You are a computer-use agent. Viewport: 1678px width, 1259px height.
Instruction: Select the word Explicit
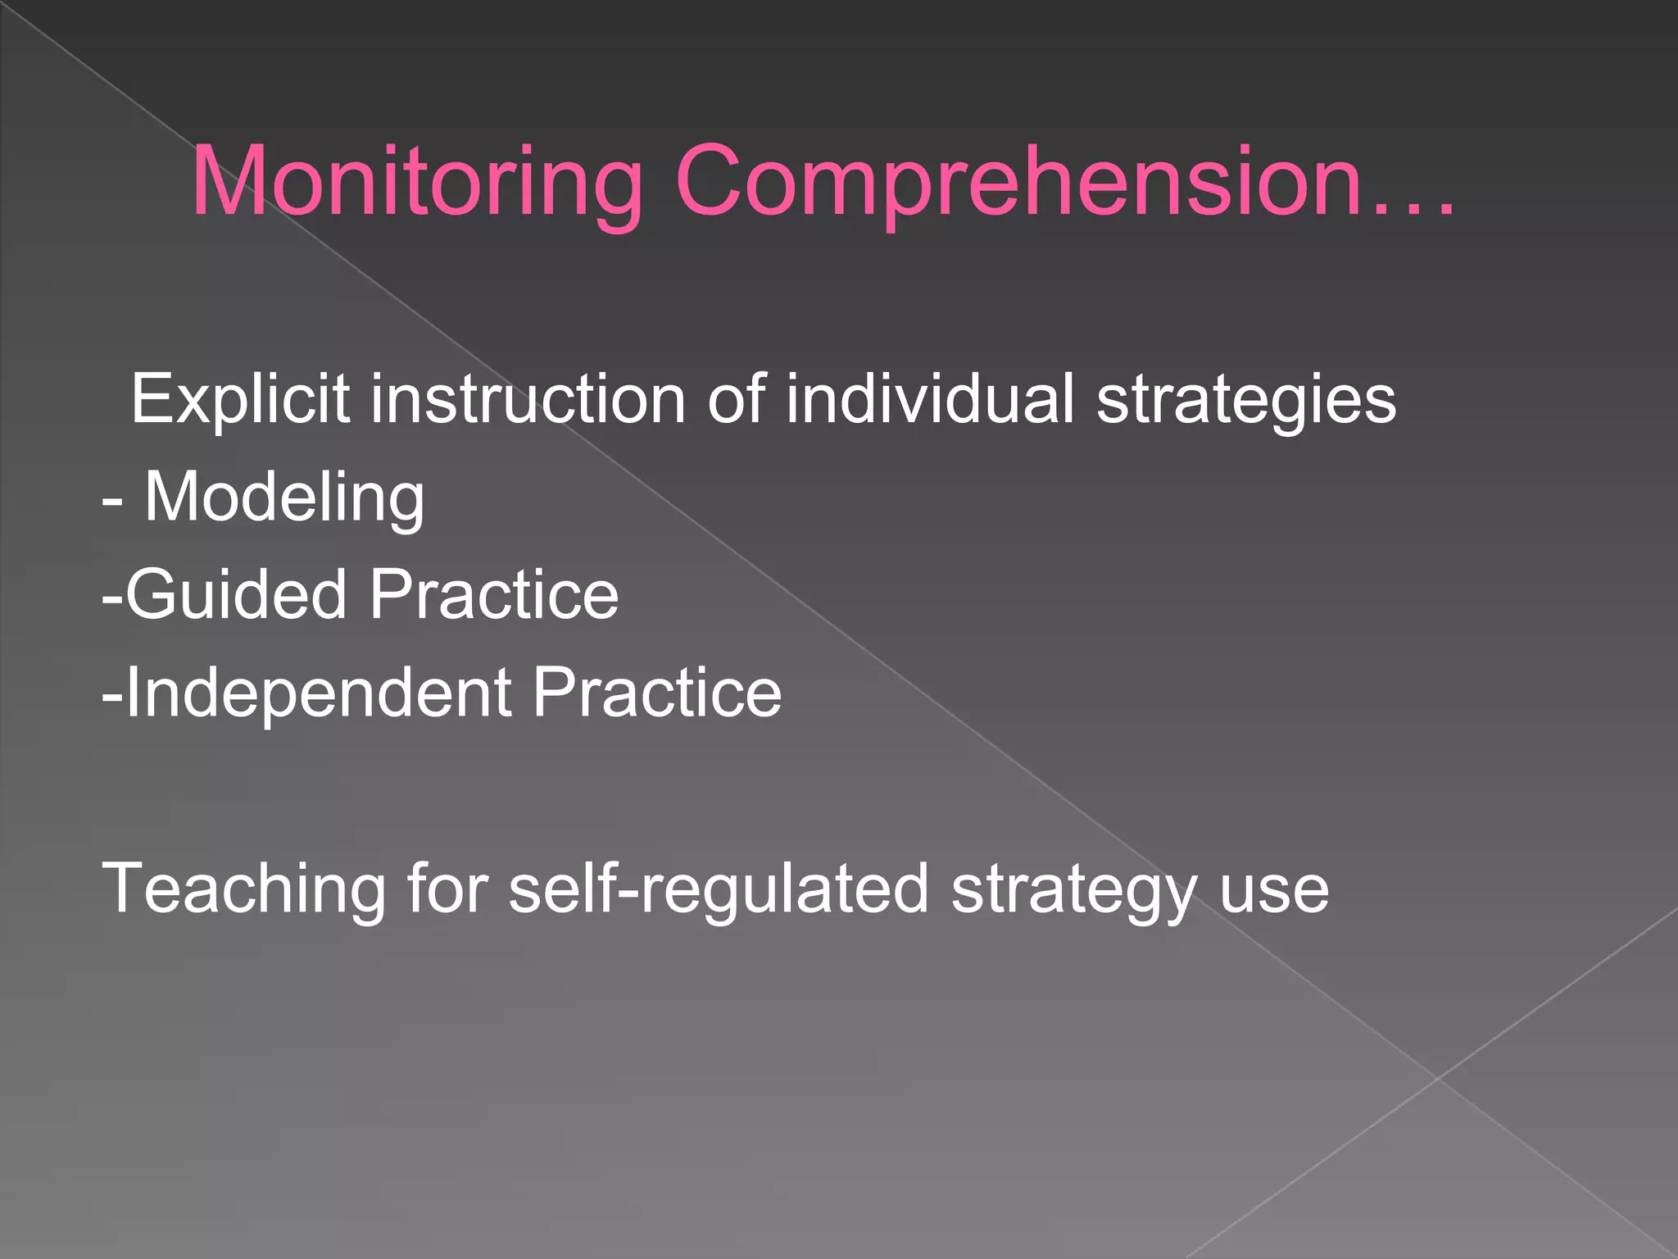click(x=240, y=399)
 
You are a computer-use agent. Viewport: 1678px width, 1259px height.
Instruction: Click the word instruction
click(x=528, y=399)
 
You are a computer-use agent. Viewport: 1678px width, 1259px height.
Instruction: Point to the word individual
click(x=929, y=399)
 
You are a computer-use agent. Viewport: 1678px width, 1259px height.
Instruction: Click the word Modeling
click(x=284, y=498)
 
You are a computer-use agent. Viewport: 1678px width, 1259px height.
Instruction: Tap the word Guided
click(x=236, y=594)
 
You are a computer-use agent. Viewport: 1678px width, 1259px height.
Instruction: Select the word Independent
click(x=318, y=693)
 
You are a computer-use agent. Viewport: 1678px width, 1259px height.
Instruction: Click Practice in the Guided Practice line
click(x=494, y=594)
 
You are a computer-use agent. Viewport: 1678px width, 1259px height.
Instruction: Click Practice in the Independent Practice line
click(x=657, y=693)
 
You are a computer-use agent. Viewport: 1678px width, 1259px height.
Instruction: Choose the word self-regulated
click(x=719, y=890)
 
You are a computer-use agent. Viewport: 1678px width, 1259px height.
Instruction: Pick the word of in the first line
click(x=735, y=399)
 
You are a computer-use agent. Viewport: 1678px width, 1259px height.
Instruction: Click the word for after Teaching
click(x=447, y=889)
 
